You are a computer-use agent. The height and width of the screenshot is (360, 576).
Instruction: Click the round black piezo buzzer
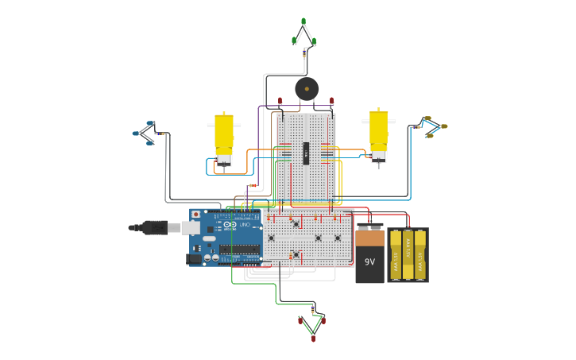click(x=307, y=88)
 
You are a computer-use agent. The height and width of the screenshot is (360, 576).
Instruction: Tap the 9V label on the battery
click(x=369, y=261)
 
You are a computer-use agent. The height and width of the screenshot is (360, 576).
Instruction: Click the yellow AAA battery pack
click(x=408, y=255)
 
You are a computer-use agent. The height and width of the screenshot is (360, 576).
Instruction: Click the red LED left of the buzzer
click(x=280, y=101)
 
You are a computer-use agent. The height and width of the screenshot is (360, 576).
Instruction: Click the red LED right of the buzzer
click(x=332, y=101)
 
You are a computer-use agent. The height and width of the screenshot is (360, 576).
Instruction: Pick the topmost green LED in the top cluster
click(x=303, y=21)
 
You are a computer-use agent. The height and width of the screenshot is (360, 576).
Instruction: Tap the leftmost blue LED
click(x=136, y=134)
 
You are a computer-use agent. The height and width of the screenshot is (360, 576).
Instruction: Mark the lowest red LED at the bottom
click(x=313, y=339)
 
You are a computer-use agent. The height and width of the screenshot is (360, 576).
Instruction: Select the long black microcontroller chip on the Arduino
click(x=240, y=249)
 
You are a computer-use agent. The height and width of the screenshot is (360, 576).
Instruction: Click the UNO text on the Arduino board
click(x=245, y=225)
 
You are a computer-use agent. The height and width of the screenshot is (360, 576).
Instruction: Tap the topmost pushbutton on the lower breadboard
click(x=296, y=223)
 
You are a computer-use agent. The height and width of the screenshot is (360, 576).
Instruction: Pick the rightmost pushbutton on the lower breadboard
click(x=337, y=238)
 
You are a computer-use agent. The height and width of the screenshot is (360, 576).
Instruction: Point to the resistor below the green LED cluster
click(x=304, y=53)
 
